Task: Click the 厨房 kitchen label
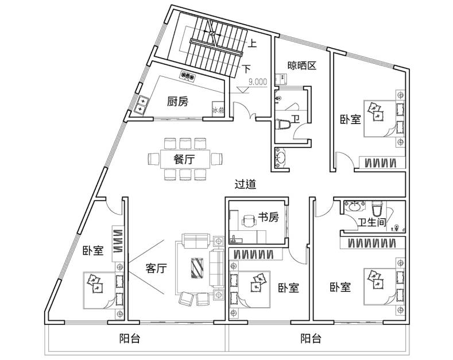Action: [x=177, y=102]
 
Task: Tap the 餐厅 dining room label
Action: [x=184, y=159]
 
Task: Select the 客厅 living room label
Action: [x=156, y=268]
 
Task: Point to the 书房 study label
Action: [x=268, y=217]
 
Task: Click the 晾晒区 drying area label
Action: [x=302, y=66]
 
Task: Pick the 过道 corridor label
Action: [x=245, y=184]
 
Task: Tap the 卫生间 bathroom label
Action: [x=372, y=222]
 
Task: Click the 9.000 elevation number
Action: [x=258, y=82]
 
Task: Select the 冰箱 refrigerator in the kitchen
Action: [x=218, y=109]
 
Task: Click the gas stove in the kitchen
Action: [x=188, y=76]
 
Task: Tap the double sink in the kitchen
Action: [x=142, y=105]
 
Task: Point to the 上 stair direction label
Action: [x=253, y=44]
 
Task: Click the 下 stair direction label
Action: [x=246, y=69]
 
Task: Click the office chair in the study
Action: [x=249, y=222]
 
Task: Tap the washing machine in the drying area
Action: [x=281, y=79]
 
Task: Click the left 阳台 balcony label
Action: [x=130, y=339]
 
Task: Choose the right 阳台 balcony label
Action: [x=311, y=338]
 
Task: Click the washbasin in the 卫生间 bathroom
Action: [x=354, y=206]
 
